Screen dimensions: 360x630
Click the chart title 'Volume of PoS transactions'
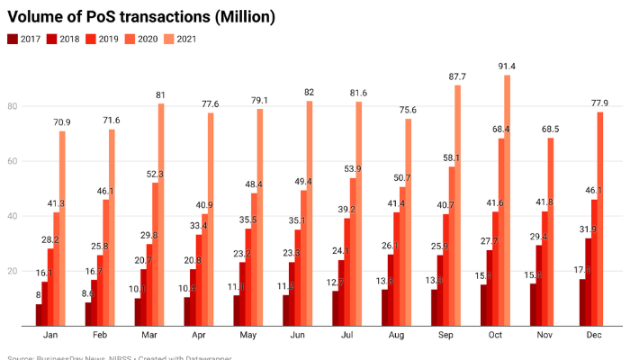coord(141,17)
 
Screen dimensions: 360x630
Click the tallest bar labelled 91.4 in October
coord(508,202)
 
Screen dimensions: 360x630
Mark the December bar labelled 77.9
coord(599,220)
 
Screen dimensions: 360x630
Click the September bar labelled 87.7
coord(458,207)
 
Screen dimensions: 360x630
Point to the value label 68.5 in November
coord(551,130)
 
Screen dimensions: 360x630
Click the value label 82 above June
coord(309,93)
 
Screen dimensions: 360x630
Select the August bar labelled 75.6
coord(409,224)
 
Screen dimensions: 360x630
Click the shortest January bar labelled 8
coord(40,316)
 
